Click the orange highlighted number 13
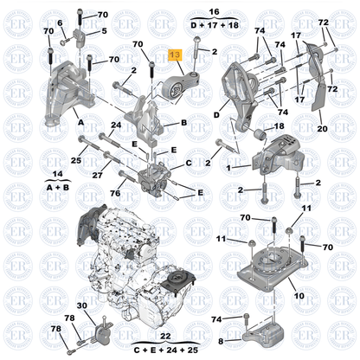tap(175, 55)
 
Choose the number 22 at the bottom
tap(165, 335)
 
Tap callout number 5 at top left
tap(104, 31)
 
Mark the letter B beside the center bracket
tap(184, 124)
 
